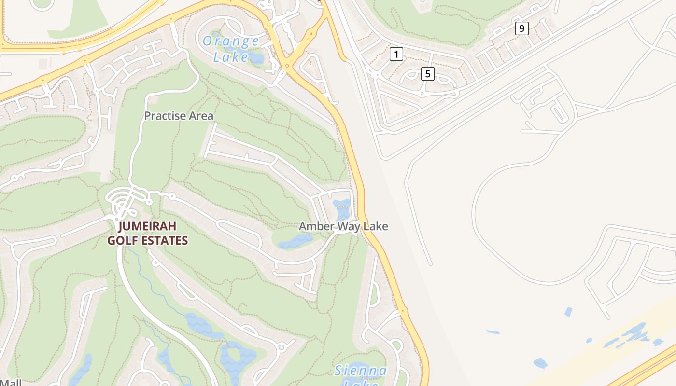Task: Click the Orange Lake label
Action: coord(230,49)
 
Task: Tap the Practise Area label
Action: coord(179,116)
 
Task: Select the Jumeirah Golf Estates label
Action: coord(147,234)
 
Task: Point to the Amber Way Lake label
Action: coord(343,226)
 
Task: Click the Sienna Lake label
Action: coord(360,376)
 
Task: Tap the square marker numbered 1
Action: coord(396,54)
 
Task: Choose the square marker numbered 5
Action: coord(427,74)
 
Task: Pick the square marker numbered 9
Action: coord(521,28)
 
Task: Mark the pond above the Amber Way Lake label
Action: coord(343,209)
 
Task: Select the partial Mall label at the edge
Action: coord(11,382)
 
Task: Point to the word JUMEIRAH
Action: coord(147,226)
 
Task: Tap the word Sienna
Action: coord(361,371)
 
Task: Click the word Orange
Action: coord(231,41)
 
